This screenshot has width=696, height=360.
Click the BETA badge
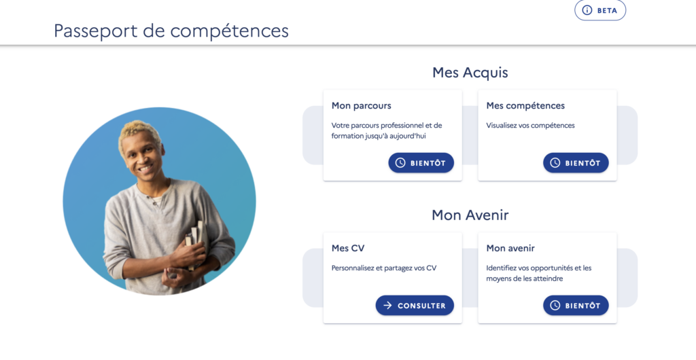(x=600, y=10)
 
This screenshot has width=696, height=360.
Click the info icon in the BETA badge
(x=587, y=10)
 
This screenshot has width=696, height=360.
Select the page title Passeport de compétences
(x=171, y=31)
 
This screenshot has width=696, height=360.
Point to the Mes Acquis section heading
(x=470, y=72)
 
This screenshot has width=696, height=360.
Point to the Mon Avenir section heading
(x=470, y=215)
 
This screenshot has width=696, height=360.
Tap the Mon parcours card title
(x=361, y=106)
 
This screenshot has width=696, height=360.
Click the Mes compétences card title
(x=525, y=106)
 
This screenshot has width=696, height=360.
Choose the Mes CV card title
(x=348, y=249)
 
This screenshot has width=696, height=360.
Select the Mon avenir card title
(x=510, y=249)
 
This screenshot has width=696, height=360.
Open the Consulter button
(x=415, y=306)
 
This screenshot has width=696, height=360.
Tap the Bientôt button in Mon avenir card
(x=576, y=306)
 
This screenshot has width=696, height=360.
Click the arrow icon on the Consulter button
(x=387, y=306)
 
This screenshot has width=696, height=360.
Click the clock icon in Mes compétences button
(x=555, y=163)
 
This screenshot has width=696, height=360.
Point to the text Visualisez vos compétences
(x=530, y=126)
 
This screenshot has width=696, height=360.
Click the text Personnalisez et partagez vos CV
(x=384, y=268)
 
